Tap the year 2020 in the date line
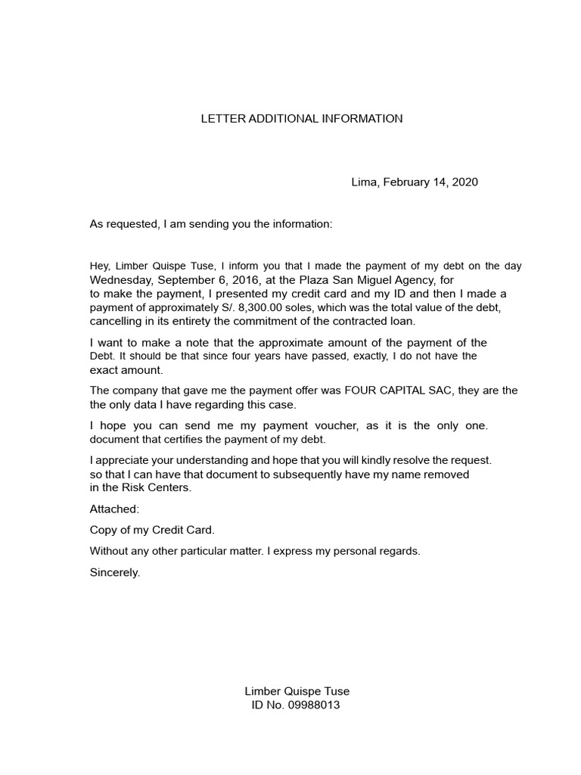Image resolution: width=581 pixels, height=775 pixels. (464, 182)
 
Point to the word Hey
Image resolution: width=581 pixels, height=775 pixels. (100, 266)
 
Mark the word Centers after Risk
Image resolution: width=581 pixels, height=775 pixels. (168, 488)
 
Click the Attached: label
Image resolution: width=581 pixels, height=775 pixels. (114, 510)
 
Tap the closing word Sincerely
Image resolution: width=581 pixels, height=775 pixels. (115, 573)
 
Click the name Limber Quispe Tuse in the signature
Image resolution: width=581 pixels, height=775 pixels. (297, 691)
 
